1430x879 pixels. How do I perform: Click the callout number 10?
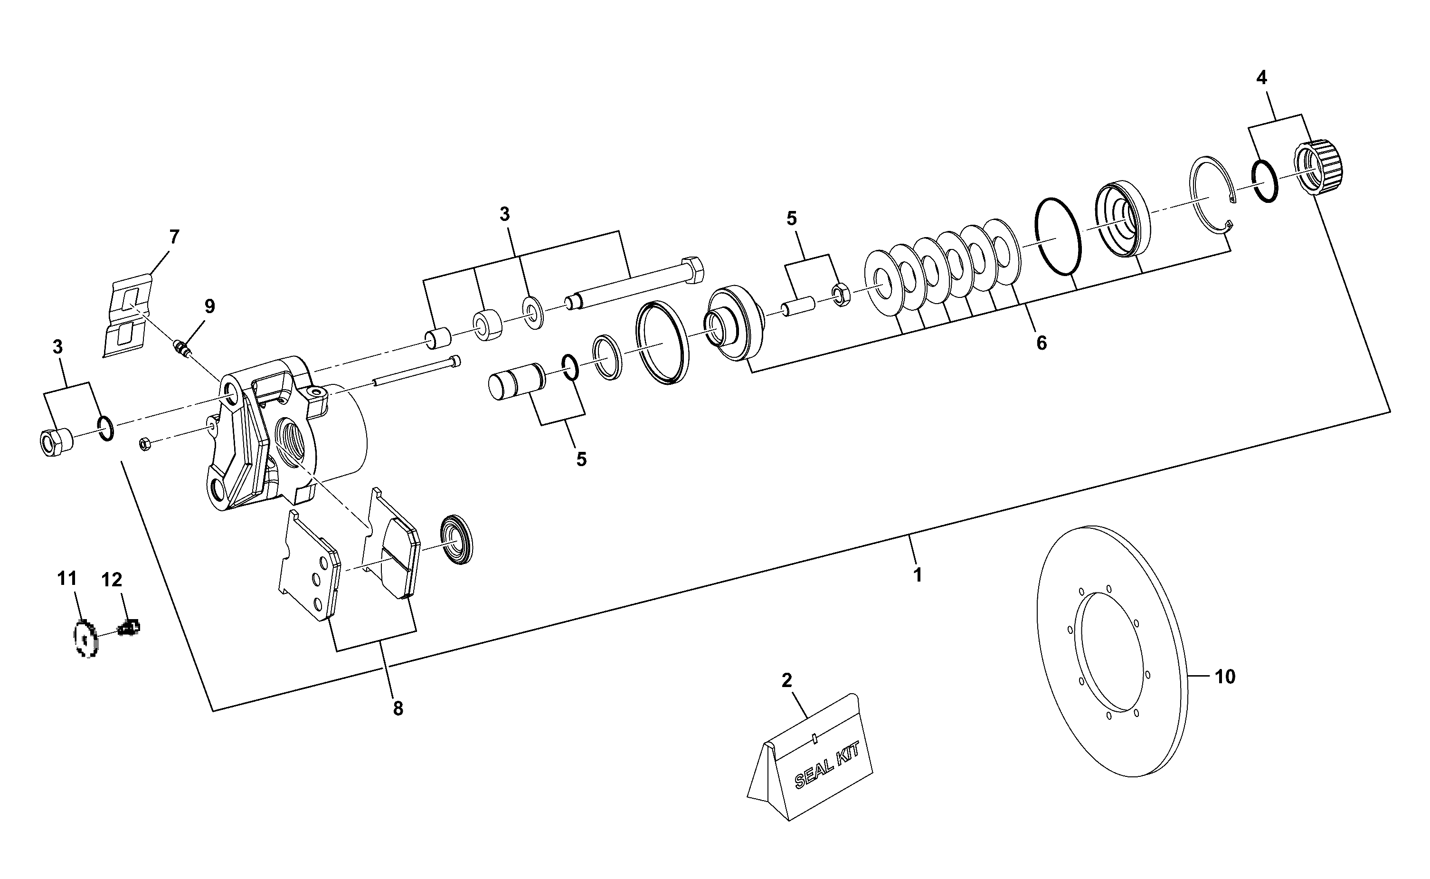[1225, 677]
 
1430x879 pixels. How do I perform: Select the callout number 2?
[787, 680]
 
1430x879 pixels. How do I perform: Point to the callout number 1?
[918, 575]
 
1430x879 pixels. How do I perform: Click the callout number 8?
[398, 709]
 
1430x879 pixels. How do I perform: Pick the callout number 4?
[1261, 77]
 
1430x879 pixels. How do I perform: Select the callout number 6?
[1041, 343]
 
